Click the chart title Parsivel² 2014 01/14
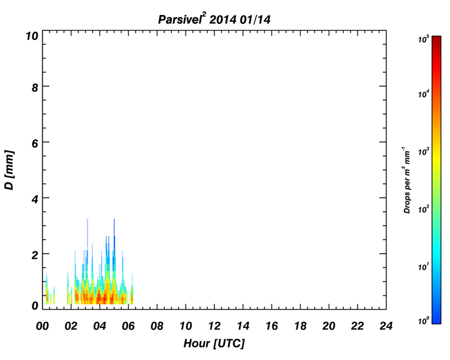(214, 19)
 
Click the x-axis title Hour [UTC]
(214, 343)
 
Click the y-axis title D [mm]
(9, 170)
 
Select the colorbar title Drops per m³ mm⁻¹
(407, 180)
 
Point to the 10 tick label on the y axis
(32, 36)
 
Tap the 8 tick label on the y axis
(35, 87)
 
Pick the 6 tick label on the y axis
(35, 144)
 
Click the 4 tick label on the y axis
(35, 199)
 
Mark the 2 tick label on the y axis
(35, 255)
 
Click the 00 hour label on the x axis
(42, 326)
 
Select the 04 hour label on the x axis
(99, 326)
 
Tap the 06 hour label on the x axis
(128, 326)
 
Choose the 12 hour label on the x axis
(214, 326)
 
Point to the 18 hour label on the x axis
(300, 326)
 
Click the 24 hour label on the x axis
(386, 326)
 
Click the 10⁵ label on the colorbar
(424, 39)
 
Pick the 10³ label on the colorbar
(424, 151)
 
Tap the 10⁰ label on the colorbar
(424, 320)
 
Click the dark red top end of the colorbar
(436, 38)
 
